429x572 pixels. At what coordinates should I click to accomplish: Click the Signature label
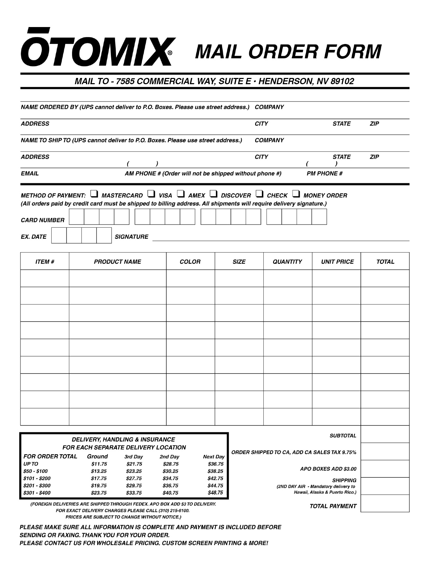[131, 237]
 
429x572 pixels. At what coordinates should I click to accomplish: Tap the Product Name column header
[117, 262]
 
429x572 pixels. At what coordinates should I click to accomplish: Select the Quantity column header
[287, 262]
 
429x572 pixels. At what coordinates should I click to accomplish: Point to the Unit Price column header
[337, 262]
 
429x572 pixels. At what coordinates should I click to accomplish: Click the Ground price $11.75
[99, 464]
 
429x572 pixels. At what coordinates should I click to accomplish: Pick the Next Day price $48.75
[215, 493]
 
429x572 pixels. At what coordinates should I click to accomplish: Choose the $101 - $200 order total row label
[37, 478]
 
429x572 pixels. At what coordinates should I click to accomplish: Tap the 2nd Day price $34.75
[170, 478]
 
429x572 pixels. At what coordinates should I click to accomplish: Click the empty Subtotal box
[385, 434]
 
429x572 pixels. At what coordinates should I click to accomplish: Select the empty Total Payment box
[385, 503]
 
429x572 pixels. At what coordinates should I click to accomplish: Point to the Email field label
[30, 174]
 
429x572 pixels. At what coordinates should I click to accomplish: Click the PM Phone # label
[325, 174]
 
